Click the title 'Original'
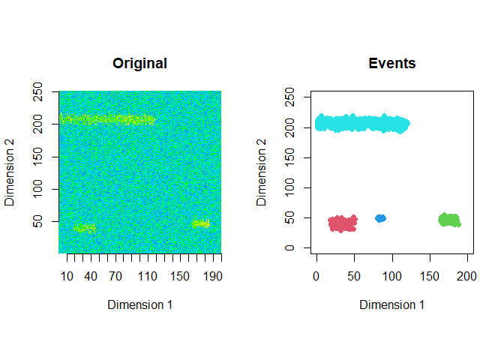139,64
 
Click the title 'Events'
392,64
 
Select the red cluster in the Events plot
343,223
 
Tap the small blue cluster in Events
380,218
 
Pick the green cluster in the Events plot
449,220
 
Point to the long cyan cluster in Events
362,124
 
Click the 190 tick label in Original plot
214,276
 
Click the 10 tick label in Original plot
67,276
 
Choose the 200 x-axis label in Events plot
467,276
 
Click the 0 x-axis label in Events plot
316,276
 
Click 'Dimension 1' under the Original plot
139,304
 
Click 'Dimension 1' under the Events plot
392,304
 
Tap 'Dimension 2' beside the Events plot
262,172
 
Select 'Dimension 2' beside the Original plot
10,172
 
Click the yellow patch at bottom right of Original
200,223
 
